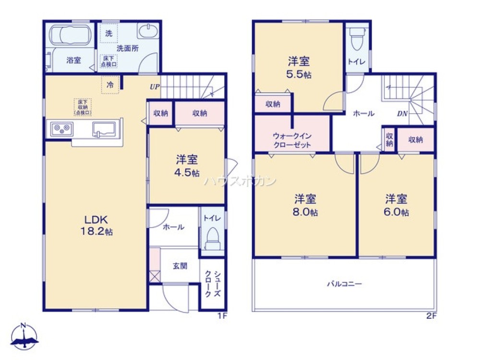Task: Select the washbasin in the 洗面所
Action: click(x=147, y=32)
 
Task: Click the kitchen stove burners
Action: click(x=61, y=129)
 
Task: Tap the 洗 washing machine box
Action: click(x=109, y=33)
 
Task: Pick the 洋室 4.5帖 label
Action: click(x=187, y=166)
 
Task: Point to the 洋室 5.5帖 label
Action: click(x=299, y=68)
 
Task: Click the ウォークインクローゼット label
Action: click(x=292, y=140)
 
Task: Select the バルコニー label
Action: click(x=344, y=284)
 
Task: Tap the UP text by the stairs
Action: click(x=154, y=87)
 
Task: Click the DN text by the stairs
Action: click(x=402, y=114)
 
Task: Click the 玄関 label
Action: click(x=180, y=266)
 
